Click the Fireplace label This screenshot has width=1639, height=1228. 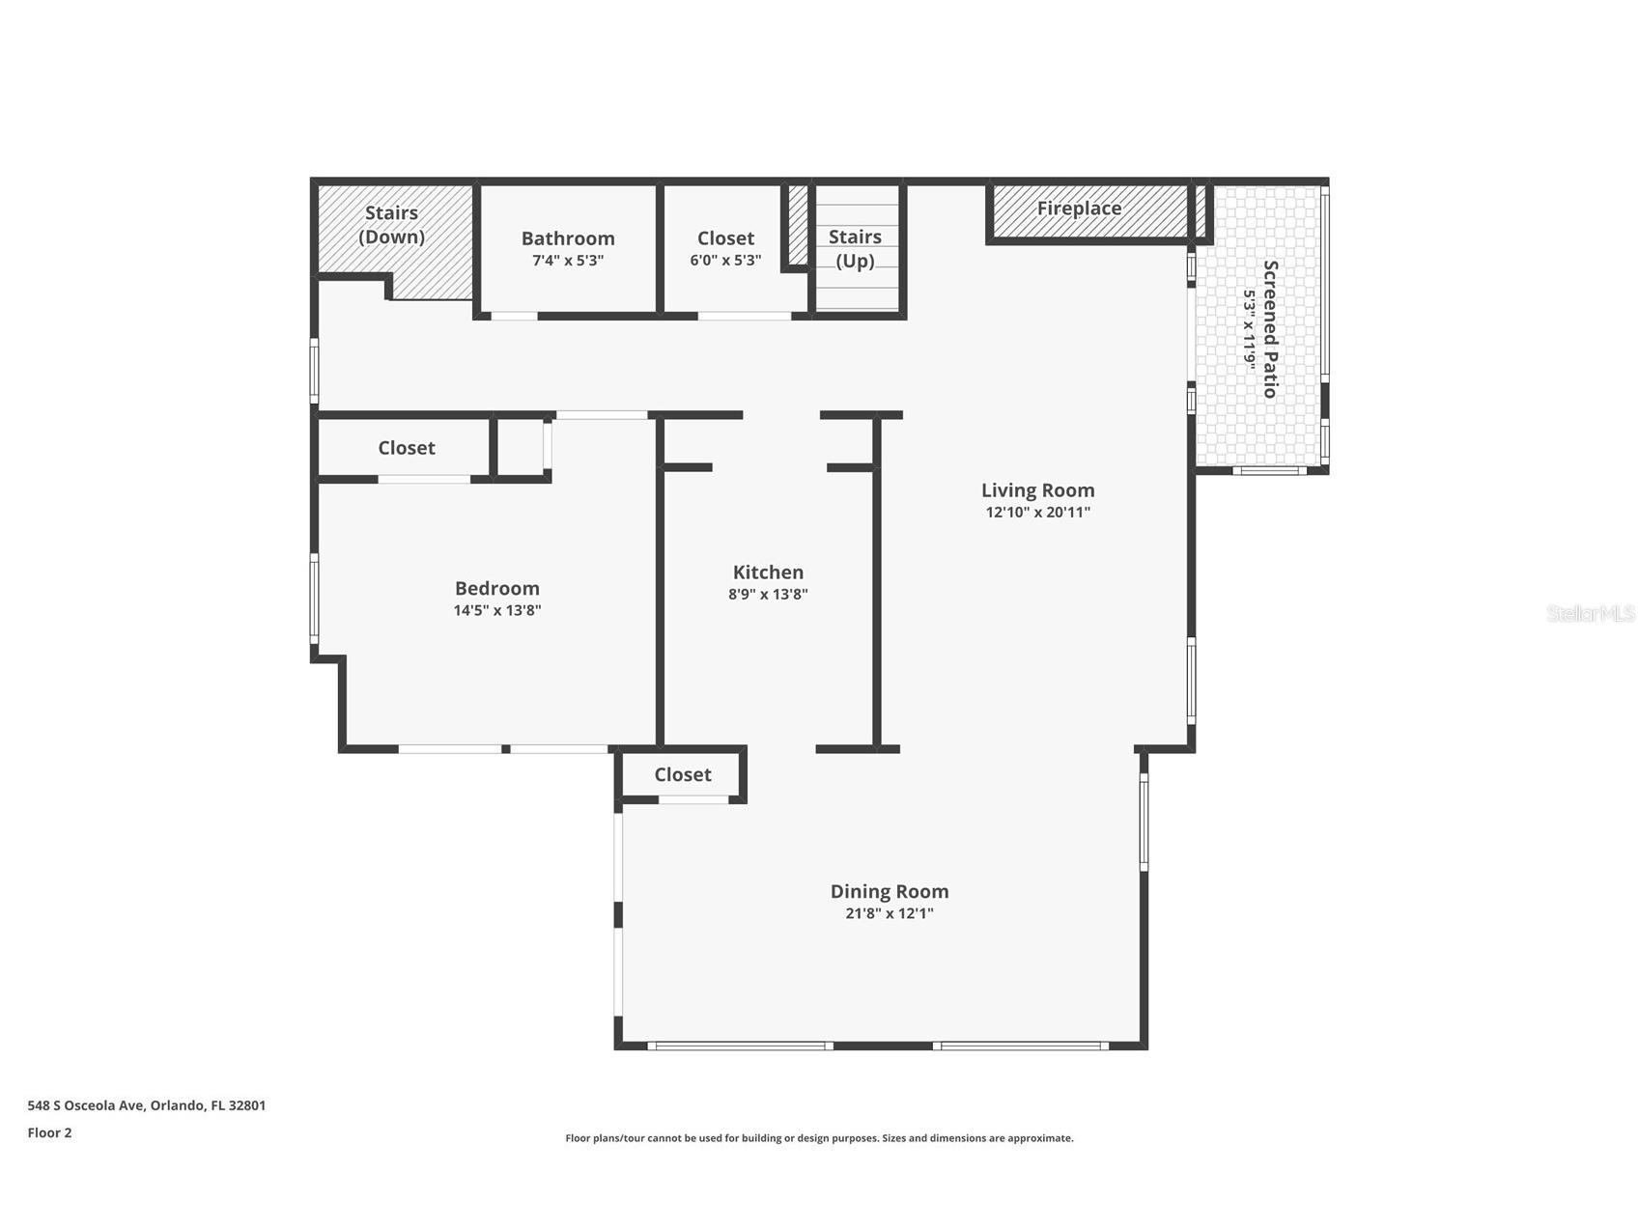coord(1079,209)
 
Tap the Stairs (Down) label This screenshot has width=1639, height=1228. coord(391,225)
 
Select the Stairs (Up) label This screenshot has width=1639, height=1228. coord(855,249)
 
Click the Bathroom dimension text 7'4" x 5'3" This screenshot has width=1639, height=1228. coord(568,261)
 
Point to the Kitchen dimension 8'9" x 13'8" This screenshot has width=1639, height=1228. coord(768,595)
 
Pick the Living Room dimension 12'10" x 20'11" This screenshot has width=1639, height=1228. coord(1038,513)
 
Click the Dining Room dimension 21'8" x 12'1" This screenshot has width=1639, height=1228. coord(890,913)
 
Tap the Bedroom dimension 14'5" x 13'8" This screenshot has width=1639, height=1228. coord(497,610)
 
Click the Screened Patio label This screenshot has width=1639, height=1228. coord(1271,328)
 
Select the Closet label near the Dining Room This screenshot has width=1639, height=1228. coord(683,775)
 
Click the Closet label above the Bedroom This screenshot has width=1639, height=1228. coord(407,448)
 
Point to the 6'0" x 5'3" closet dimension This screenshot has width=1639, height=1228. coord(725,261)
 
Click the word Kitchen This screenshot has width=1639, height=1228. coord(768,572)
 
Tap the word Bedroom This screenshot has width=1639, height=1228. coord(497,588)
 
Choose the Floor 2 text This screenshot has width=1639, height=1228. coord(49,1133)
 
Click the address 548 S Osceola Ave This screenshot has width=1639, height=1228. coord(86,1106)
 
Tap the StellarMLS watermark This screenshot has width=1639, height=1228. coord(1591,614)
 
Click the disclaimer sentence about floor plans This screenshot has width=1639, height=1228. coord(819,1138)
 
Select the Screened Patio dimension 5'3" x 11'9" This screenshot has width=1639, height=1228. coord(1250,329)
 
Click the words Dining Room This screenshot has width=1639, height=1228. coord(890,891)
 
